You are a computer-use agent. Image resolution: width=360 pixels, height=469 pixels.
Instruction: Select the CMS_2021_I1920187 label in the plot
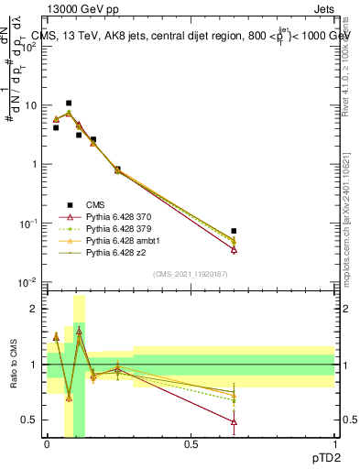click(x=190, y=274)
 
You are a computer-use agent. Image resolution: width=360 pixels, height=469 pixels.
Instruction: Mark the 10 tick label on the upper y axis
click(x=32, y=105)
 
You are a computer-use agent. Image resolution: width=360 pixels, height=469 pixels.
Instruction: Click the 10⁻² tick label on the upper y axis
click(x=29, y=282)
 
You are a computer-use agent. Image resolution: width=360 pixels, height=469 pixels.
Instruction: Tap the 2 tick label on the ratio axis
click(x=35, y=310)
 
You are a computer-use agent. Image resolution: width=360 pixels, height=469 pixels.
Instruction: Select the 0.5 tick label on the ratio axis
click(x=31, y=420)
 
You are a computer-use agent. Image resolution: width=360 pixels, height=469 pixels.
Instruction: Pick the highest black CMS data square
click(x=69, y=104)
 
